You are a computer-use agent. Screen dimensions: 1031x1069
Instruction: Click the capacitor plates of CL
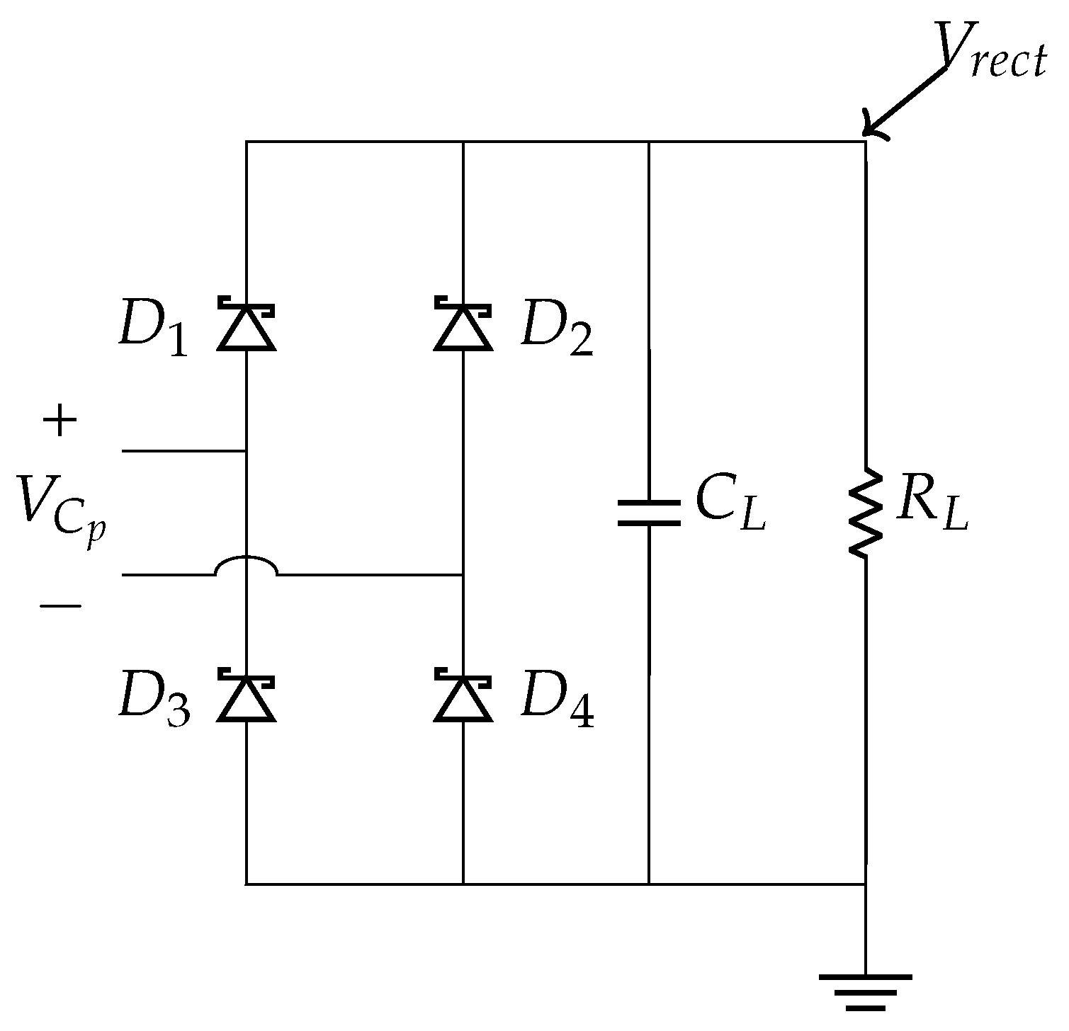[x=649, y=513]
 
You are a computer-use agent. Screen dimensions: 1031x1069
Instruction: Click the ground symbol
[x=866, y=991]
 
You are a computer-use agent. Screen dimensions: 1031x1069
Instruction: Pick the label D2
[x=557, y=331]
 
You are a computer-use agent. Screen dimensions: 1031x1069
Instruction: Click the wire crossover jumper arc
[x=246, y=565]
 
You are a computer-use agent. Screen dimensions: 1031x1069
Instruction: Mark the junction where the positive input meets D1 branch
[x=246, y=451]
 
